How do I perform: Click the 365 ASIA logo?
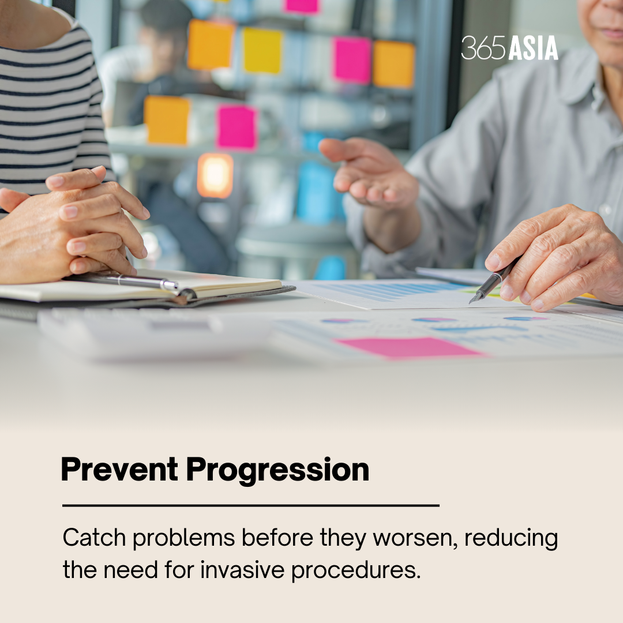pos(510,48)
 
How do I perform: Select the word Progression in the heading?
pos(277,471)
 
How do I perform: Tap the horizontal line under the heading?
pos(251,505)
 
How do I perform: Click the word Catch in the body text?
pos(94,538)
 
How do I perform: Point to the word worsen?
pos(415,539)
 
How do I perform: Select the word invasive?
pos(242,570)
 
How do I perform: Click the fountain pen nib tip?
pos(470,303)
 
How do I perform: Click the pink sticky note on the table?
pos(408,348)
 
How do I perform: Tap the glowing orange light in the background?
pos(215,175)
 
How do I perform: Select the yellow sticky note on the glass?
pos(262,50)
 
